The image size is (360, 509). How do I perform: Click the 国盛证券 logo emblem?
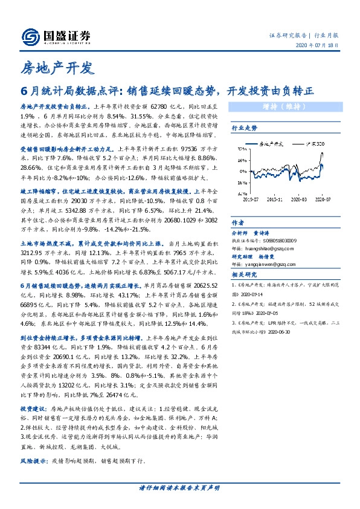coord(30,37)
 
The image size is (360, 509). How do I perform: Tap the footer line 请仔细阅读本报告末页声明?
coord(179,488)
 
